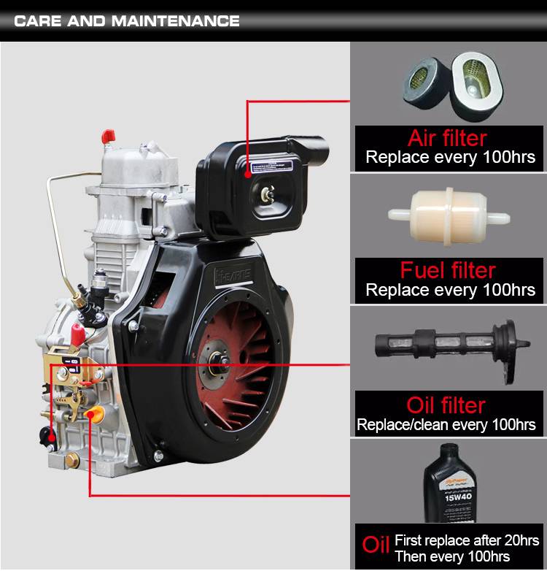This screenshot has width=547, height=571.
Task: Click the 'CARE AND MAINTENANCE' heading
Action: [x=127, y=20]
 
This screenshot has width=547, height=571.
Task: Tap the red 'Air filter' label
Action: [x=447, y=137]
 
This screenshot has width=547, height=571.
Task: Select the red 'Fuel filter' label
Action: [x=448, y=270]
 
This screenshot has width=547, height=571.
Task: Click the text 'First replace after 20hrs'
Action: [x=466, y=540]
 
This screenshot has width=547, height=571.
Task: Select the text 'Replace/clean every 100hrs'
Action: [x=446, y=424]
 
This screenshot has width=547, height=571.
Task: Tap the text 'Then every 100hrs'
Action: [x=452, y=556]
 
